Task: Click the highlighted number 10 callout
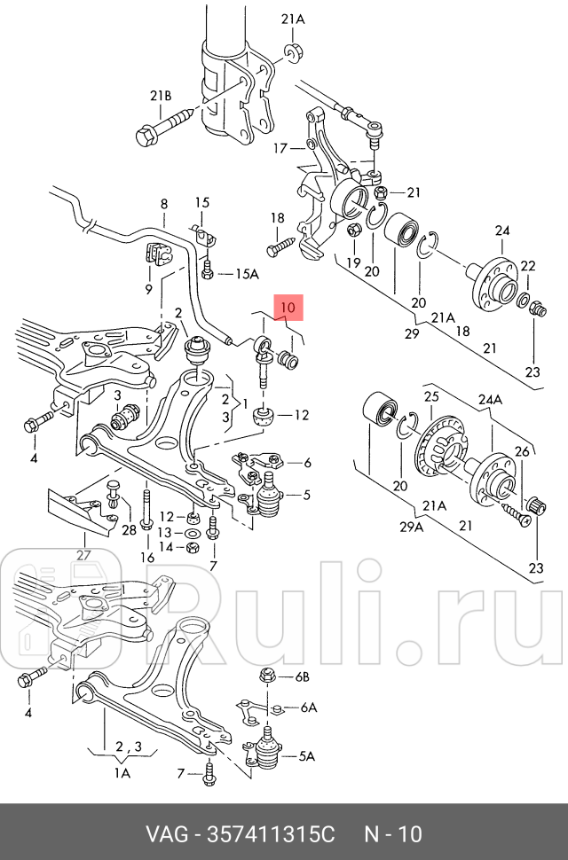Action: click(288, 307)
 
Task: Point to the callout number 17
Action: click(280, 148)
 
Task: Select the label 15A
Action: click(242, 273)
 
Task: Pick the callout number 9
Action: click(148, 289)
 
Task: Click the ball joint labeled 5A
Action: click(265, 754)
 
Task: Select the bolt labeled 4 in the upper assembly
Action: click(32, 422)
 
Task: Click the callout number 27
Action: click(83, 556)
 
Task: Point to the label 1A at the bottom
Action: click(122, 773)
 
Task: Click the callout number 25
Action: click(431, 396)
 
